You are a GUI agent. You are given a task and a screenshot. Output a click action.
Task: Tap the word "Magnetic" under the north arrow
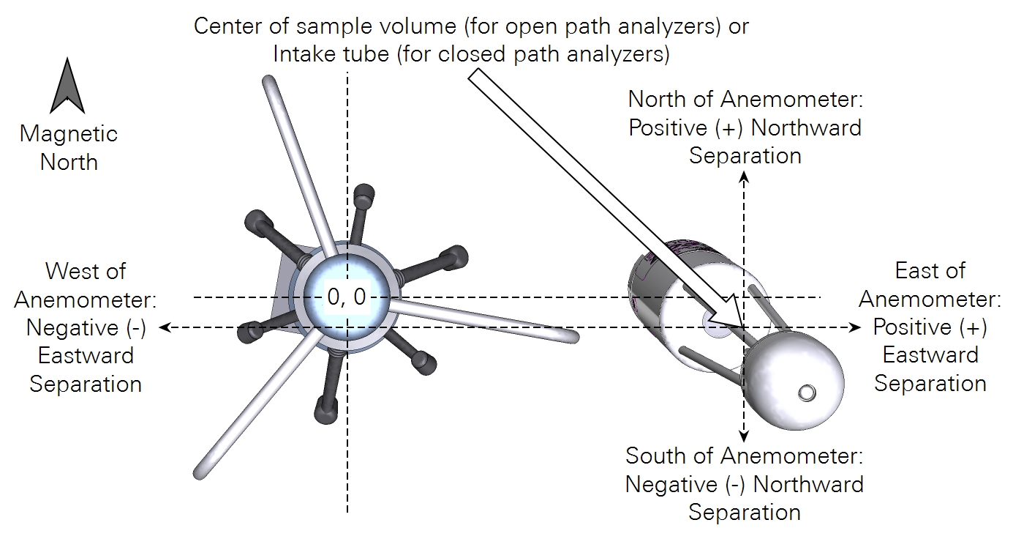(68, 134)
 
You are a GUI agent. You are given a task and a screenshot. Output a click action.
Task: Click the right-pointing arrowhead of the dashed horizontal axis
(856, 327)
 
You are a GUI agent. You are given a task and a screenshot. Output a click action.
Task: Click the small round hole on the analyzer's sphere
(806, 393)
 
